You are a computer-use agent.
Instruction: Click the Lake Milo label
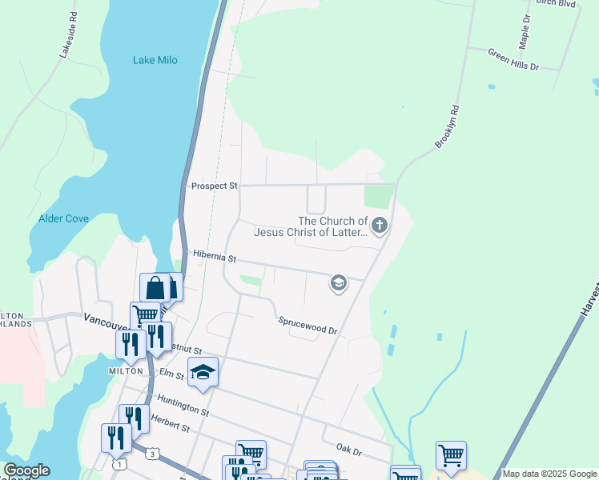click(155, 60)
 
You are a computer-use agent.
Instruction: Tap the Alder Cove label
click(63, 218)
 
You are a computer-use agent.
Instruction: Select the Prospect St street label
click(215, 186)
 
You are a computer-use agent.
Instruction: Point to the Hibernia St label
click(215, 258)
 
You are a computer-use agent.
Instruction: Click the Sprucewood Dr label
click(308, 325)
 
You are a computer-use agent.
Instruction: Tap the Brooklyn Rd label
click(448, 126)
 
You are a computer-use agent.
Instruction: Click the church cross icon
click(380, 225)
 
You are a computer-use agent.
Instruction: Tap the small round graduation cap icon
click(339, 282)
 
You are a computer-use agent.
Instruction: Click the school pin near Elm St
click(203, 372)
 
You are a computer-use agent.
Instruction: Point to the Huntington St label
click(183, 406)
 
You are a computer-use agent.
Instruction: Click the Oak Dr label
click(349, 450)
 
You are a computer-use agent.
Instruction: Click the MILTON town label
click(125, 371)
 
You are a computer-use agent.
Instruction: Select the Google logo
click(26, 470)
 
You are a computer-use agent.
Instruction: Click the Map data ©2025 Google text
click(549, 474)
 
